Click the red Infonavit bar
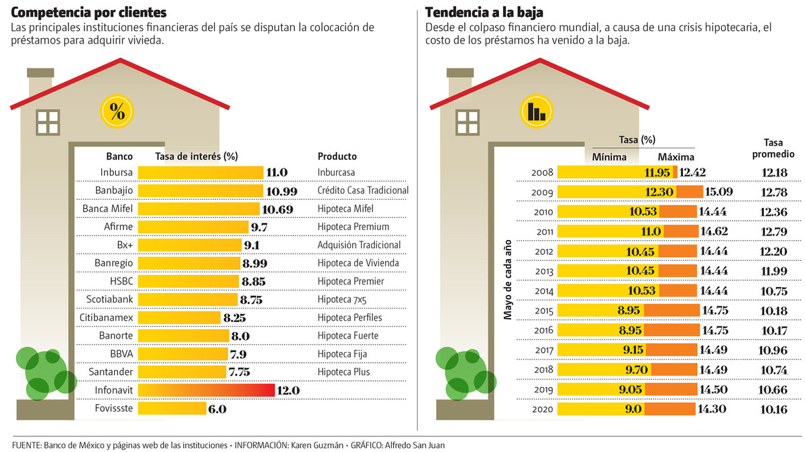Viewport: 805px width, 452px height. [207, 390]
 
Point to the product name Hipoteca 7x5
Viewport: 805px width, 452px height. [343, 299]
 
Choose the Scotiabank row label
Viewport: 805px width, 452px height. [109, 299]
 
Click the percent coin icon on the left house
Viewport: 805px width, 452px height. [117, 111]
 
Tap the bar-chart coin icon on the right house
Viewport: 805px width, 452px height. [536, 111]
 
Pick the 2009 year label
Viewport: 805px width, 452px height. [541, 192]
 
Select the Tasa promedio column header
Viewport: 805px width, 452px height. [779, 148]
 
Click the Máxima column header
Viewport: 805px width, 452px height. [675, 157]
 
